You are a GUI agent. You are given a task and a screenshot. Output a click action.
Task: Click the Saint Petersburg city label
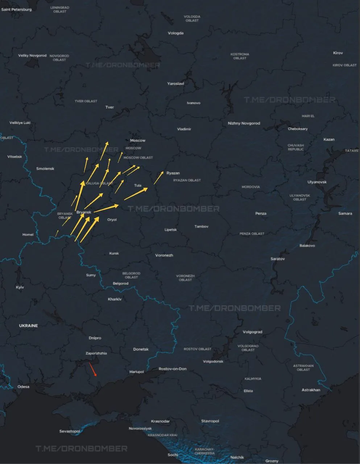tap(16, 9)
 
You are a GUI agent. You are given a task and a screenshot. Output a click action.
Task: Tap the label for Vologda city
tap(175, 33)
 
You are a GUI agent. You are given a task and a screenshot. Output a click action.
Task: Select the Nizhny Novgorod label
tap(244, 123)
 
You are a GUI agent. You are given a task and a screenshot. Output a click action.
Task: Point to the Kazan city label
tap(329, 139)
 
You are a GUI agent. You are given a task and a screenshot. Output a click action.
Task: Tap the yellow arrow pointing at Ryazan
tap(159, 178)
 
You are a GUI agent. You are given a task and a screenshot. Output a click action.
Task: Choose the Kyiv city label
tap(20, 287)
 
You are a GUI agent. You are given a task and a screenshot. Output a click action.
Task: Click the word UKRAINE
tap(28, 326)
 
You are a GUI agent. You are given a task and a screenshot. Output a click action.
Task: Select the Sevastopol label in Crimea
tap(70, 431)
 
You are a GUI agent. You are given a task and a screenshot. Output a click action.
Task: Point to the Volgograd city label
tap(252, 332)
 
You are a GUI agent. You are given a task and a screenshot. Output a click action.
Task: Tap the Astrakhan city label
tap(311, 390)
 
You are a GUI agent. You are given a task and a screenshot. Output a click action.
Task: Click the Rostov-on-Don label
tap(173, 369)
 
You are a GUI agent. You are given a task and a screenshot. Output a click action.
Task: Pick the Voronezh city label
tap(164, 255)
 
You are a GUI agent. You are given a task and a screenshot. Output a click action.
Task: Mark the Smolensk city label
tap(45, 169)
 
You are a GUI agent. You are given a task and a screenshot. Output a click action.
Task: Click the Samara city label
tap(345, 213)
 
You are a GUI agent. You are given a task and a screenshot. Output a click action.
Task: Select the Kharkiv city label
tap(115, 299)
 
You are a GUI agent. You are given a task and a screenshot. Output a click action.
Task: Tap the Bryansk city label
tap(84, 212)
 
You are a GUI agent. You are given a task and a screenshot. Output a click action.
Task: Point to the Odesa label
tap(23, 386)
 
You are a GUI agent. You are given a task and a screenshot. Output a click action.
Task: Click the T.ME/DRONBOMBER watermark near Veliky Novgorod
tap(123, 65)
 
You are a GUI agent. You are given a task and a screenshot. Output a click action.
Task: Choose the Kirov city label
tap(338, 53)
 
